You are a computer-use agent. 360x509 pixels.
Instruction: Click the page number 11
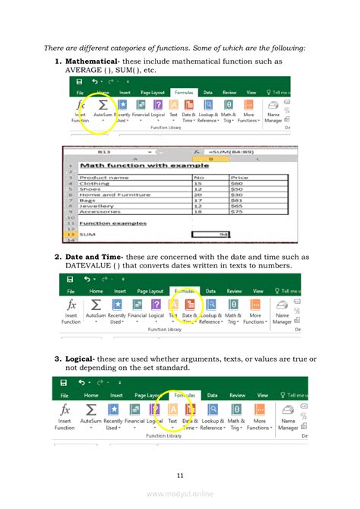(180, 476)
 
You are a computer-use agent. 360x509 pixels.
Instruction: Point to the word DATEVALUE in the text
(92, 266)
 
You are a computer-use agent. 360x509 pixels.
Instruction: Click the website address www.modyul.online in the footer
(180, 492)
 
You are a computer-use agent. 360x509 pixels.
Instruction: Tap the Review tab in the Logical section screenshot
(238, 395)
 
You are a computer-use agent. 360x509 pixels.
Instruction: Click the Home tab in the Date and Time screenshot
(96, 291)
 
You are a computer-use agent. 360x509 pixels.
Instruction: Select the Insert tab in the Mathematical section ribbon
(124, 92)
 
